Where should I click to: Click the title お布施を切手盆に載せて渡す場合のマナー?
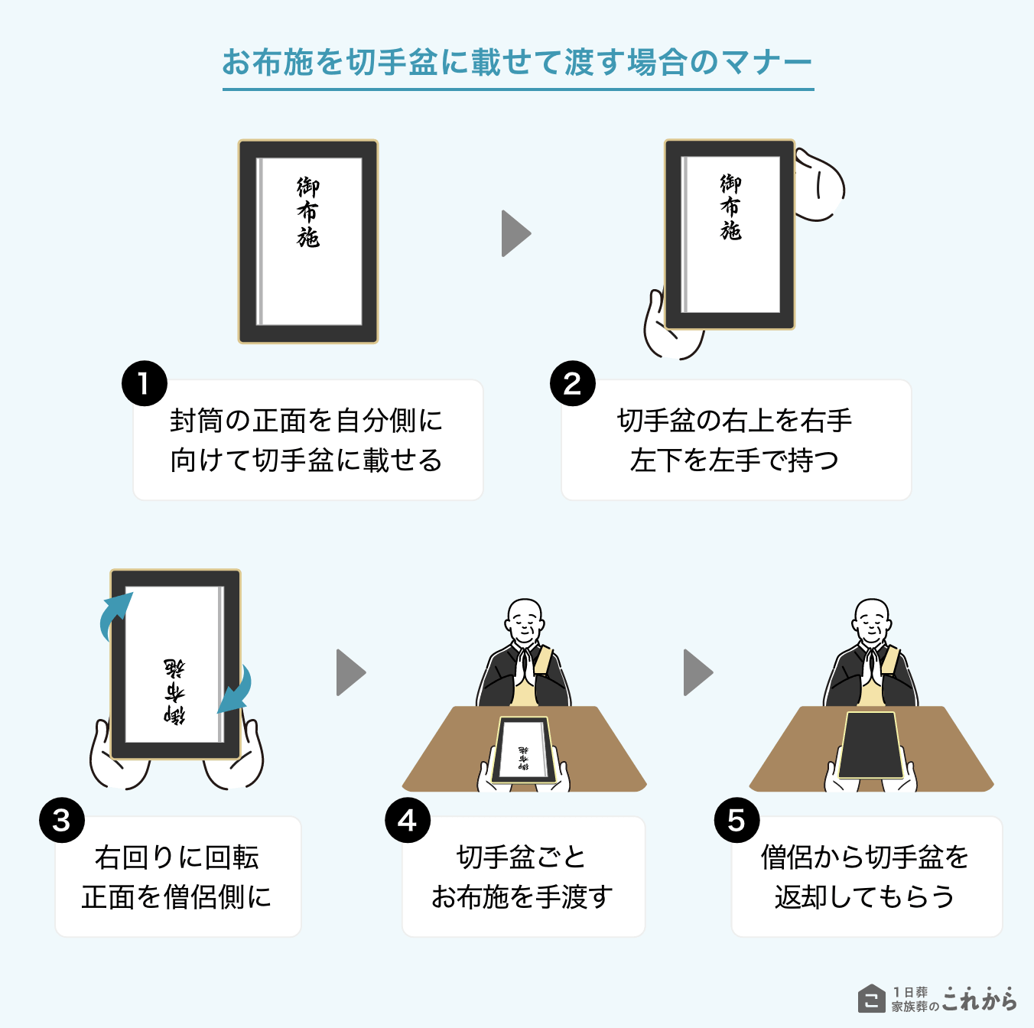click(517, 63)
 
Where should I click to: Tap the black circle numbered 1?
click(145, 383)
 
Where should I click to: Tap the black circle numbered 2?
click(573, 383)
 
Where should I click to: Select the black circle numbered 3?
click(62, 820)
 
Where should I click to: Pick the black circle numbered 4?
click(408, 820)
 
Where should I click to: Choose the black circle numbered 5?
click(736, 820)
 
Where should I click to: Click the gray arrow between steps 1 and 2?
click(515, 233)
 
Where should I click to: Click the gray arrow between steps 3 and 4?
click(350, 672)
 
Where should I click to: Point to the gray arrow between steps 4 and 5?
click(697, 672)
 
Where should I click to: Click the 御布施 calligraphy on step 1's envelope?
click(308, 212)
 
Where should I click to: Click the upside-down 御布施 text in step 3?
click(174, 691)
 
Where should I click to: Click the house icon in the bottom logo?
click(871, 998)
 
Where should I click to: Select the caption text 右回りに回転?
click(177, 857)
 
